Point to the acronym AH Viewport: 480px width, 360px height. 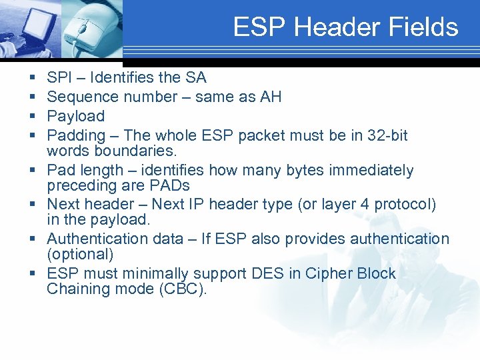[271, 97]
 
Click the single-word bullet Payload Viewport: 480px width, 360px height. [76, 116]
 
